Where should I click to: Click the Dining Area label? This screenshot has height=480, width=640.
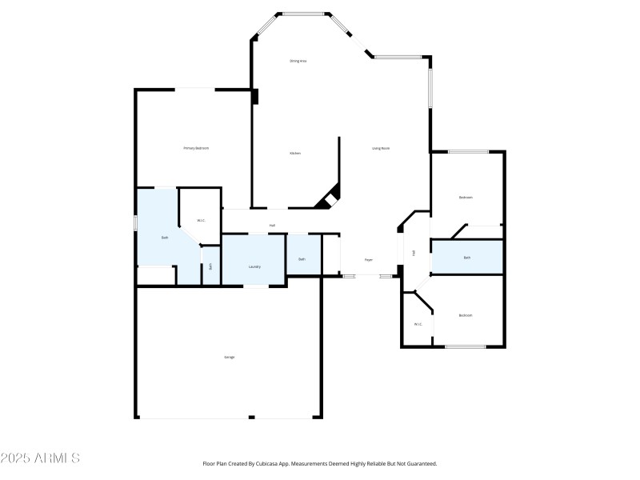click(298, 62)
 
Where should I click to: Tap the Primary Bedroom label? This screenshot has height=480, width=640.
click(196, 148)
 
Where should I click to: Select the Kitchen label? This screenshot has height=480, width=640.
click(295, 153)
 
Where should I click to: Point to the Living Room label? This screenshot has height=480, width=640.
click(381, 148)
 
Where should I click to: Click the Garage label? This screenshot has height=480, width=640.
click(230, 357)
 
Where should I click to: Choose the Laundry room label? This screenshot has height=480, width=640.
click(254, 266)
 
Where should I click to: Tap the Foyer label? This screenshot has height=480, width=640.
click(369, 260)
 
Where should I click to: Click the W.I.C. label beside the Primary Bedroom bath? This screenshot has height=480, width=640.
click(202, 221)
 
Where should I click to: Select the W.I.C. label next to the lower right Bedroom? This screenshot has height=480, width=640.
click(418, 324)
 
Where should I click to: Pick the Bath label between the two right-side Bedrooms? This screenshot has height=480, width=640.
click(467, 258)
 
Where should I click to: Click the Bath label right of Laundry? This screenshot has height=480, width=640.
click(302, 259)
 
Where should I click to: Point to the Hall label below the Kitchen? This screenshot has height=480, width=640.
click(272, 226)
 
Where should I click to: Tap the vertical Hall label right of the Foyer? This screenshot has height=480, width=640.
click(414, 253)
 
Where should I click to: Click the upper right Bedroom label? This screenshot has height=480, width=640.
click(466, 198)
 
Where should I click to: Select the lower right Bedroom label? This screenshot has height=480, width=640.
click(466, 316)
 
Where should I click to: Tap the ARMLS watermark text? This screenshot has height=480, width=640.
click(40, 458)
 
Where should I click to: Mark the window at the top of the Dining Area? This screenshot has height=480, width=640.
click(304, 14)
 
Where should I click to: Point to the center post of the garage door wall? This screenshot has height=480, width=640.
click(251, 417)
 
